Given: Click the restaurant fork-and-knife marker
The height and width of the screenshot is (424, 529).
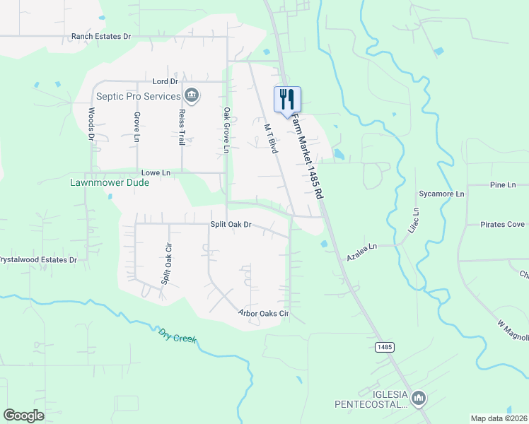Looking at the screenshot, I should click(x=287, y=100).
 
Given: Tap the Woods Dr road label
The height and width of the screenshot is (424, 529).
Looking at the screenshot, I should click(x=91, y=125).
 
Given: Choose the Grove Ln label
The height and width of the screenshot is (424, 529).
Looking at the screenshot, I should click(x=136, y=127).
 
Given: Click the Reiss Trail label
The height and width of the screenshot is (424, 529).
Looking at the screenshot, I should click(x=182, y=128).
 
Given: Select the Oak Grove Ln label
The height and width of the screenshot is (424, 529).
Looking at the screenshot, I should click(x=226, y=130).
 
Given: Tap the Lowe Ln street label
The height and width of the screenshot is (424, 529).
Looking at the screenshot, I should click(x=156, y=172).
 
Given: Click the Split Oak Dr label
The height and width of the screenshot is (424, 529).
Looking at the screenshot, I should click(x=231, y=225).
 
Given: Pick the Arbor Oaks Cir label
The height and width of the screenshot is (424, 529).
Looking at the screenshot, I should click(x=264, y=313).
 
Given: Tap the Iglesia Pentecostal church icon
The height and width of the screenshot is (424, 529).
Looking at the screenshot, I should click(x=419, y=399).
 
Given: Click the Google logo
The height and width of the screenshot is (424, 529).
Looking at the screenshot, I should click(x=24, y=416).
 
